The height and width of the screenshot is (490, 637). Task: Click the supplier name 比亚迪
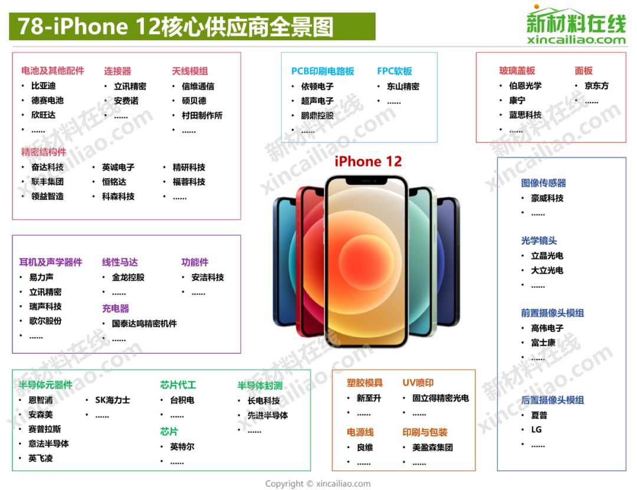(x=44, y=85)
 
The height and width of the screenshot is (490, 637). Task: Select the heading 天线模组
(x=190, y=71)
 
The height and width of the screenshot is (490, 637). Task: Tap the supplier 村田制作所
(x=202, y=116)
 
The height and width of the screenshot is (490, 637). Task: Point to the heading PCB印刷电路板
(x=323, y=71)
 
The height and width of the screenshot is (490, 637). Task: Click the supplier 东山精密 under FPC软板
(x=403, y=86)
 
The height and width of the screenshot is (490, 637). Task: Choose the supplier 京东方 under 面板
(x=596, y=85)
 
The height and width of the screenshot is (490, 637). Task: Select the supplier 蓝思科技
(x=526, y=115)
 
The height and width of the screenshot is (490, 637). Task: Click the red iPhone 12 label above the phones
(x=368, y=162)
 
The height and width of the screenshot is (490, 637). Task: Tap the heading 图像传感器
(x=544, y=183)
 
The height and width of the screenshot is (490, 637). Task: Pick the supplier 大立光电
(x=547, y=270)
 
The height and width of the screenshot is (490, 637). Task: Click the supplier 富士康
(x=543, y=343)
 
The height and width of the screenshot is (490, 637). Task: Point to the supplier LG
(x=536, y=429)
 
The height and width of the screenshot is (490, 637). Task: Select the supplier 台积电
(x=182, y=400)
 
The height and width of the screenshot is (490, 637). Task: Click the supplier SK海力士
(x=113, y=400)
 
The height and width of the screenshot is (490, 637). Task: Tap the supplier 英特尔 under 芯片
(x=182, y=446)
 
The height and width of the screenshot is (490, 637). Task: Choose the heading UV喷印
(x=418, y=383)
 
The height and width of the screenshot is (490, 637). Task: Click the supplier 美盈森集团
(x=433, y=448)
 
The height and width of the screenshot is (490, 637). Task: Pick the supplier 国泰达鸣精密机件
(x=145, y=323)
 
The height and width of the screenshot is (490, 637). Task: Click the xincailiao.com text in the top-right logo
(x=576, y=40)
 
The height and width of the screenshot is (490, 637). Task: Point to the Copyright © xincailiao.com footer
(x=318, y=484)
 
